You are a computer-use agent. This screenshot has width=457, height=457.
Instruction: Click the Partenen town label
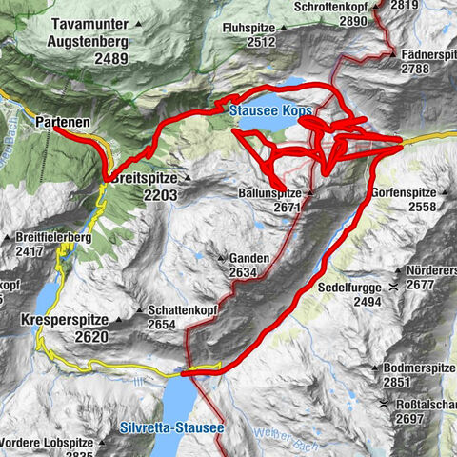[x=64, y=123]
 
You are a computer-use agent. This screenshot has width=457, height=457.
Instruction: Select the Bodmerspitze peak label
[x=414, y=368]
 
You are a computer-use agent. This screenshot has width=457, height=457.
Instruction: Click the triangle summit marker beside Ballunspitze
[x=309, y=192]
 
